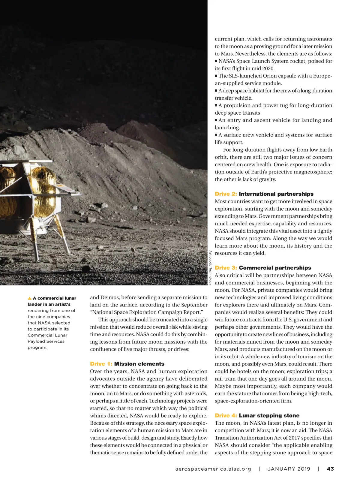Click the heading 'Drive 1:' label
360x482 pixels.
point(101,364)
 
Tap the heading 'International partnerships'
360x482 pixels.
point(276,194)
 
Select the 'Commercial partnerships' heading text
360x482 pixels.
point(275,268)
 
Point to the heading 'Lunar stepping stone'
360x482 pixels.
point(269,415)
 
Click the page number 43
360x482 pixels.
point(330,469)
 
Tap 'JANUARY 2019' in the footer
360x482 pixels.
point(289,469)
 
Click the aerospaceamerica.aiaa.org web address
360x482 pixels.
point(213,469)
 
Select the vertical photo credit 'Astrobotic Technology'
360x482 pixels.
point(211,267)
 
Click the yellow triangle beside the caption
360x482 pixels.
point(29,298)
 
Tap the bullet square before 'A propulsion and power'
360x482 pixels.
point(216,105)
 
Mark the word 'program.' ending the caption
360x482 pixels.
point(37,348)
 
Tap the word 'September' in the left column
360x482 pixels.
point(194,305)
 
